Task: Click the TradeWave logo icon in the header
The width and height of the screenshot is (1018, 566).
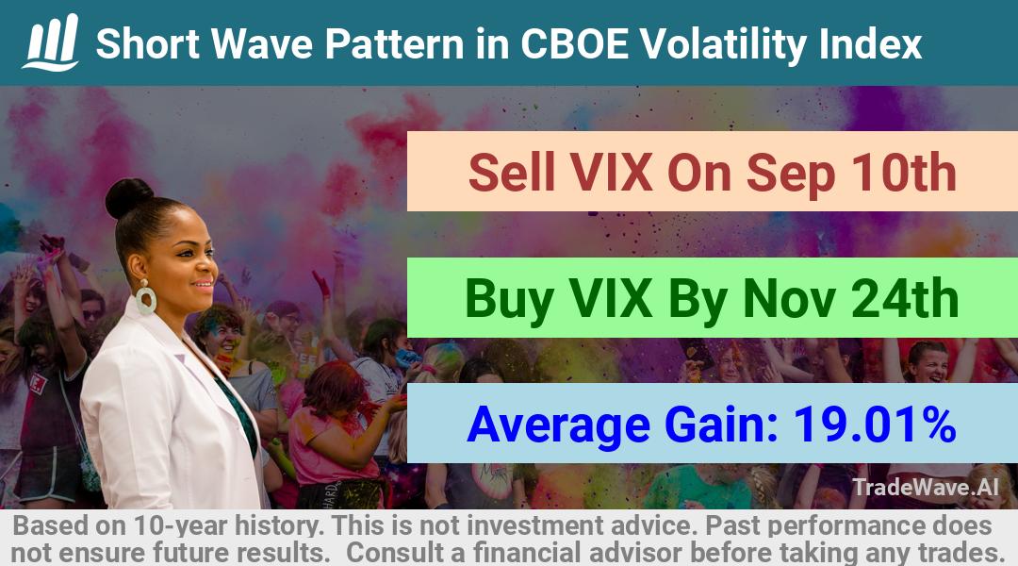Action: [51, 42]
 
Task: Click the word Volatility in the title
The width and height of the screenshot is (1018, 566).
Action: [722, 44]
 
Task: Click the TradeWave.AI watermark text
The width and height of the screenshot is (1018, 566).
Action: [926, 487]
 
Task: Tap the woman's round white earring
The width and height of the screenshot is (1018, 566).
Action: [145, 298]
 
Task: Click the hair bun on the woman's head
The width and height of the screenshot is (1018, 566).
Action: [128, 197]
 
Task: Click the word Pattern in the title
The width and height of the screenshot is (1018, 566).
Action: [394, 43]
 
